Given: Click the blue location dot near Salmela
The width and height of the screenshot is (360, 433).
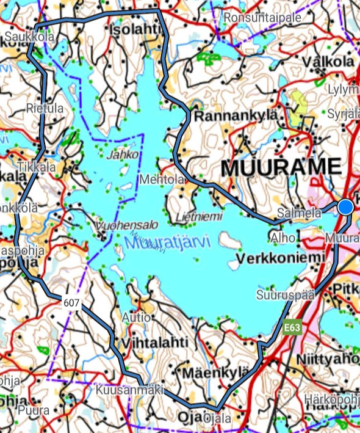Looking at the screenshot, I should coord(345,207).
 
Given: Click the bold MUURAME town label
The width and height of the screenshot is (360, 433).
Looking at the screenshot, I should coord(280,167).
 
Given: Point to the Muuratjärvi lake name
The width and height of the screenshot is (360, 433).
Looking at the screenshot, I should coord(167,242).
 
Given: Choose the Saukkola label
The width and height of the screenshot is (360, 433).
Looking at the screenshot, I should coord(29,37).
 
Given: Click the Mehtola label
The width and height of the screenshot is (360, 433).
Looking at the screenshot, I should coord(162,180).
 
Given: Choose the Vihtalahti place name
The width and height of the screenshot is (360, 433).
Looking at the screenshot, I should coord(155,343).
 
